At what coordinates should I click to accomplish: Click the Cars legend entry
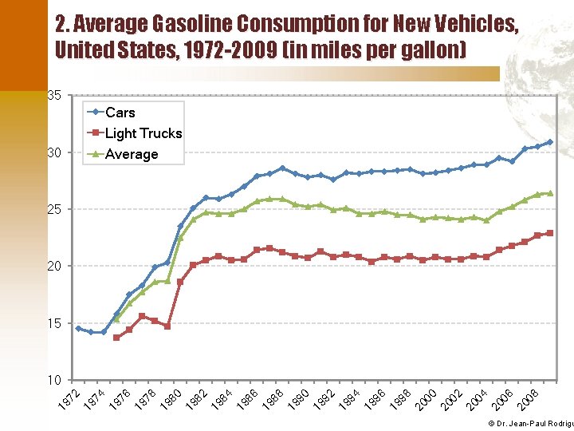click(120, 113)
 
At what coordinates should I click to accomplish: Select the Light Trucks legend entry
click(143, 133)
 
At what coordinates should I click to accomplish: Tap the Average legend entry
click(132, 154)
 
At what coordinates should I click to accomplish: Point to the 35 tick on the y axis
click(54, 96)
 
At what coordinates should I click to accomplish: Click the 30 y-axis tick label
click(54, 152)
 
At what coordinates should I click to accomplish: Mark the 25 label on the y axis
click(54, 209)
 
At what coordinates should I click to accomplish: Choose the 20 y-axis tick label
click(54, 266)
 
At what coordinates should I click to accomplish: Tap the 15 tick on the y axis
click(54, 323)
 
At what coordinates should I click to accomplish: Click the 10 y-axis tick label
click(54, 380)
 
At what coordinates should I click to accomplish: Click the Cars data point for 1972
click(78, 328)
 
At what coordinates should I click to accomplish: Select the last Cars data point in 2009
click(550, 142)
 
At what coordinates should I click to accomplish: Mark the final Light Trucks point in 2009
click(550, 233)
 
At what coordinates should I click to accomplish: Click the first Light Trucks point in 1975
click(116, 338)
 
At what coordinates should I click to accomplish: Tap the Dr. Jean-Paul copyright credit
click(530, 422)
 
